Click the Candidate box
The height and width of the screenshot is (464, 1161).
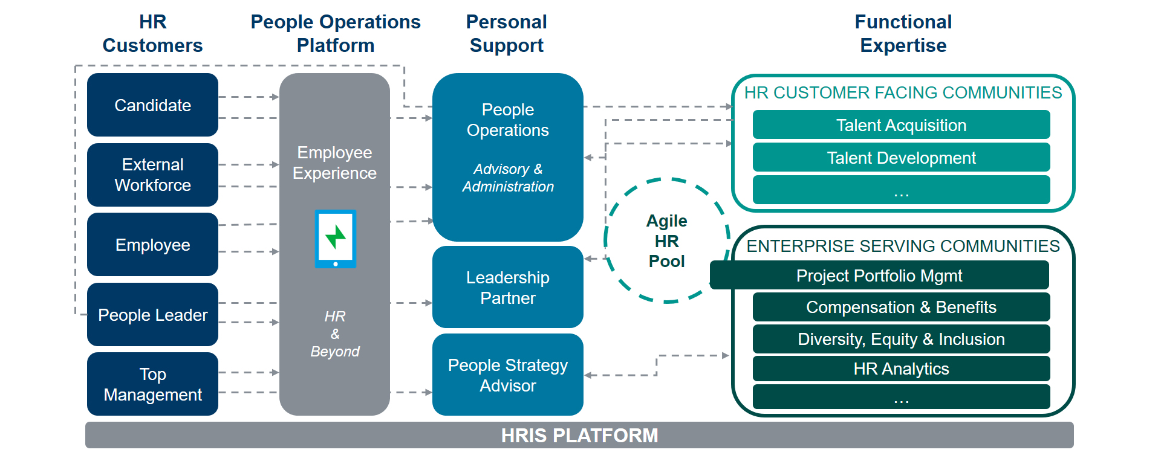152,105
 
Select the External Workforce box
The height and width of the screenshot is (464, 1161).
152,175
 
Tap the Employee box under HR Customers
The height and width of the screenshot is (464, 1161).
152,245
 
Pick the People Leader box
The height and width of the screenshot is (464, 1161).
152,314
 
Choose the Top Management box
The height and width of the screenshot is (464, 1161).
152,384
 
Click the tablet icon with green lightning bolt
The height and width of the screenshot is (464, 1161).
336,239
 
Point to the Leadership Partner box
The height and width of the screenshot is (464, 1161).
508,287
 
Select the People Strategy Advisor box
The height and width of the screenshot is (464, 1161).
508,375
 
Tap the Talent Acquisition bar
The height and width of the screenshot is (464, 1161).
901,125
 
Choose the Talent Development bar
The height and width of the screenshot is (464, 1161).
901,158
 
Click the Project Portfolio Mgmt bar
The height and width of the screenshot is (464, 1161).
879,275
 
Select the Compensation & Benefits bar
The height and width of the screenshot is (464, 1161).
901,307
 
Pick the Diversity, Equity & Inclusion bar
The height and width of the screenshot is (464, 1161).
901,339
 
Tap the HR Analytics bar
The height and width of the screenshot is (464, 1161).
901,369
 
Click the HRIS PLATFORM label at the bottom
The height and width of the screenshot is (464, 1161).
579,436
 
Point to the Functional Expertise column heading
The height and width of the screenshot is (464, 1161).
903,33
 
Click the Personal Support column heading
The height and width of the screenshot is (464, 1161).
507,33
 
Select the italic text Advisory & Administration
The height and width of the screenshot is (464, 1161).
508,178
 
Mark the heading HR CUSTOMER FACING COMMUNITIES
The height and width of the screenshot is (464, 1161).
903,92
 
